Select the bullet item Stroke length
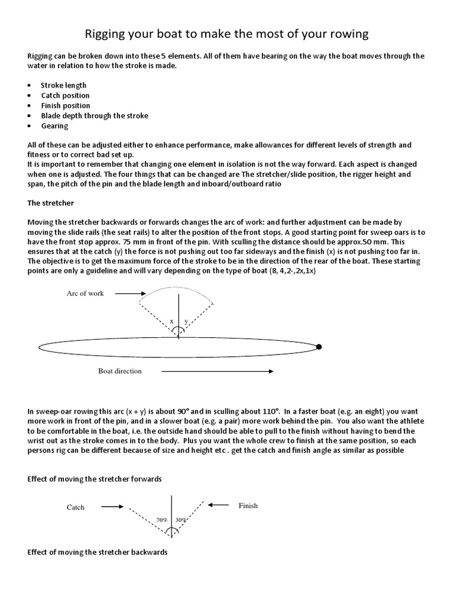point(63,85)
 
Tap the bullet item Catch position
point(65,95)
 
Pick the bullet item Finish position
point(66,105)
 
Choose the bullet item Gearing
point(54,125)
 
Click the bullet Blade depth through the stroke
point(95,115)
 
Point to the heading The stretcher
point(50,203)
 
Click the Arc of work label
point(85,294)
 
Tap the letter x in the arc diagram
point(171,321)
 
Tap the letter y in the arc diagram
point(186,321)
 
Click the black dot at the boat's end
point(319,347)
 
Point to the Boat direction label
point(120,372)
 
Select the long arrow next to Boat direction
point(216,372)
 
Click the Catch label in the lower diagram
point(76,507)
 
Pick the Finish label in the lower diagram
point(248,506)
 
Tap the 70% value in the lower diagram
point(161,520)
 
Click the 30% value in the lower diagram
point(181,520)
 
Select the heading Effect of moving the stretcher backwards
point(98,552)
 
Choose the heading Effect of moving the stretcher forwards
point(95,478)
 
